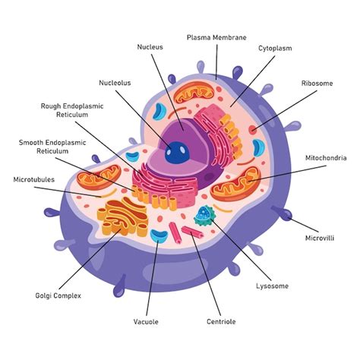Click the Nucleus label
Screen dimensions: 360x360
pos(150,47)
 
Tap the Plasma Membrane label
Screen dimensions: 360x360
pos(216,37)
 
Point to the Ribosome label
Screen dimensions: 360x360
pos(317,83)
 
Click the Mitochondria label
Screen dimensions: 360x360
pos(326,158)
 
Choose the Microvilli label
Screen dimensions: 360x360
pos(320,238)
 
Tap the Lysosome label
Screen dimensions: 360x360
pos(272,286)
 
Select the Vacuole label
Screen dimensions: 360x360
pos(146,322)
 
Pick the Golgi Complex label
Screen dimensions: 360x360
pos(58,295)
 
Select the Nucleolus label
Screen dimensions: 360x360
pos(115,83)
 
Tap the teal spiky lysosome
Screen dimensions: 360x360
pos(205,217)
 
